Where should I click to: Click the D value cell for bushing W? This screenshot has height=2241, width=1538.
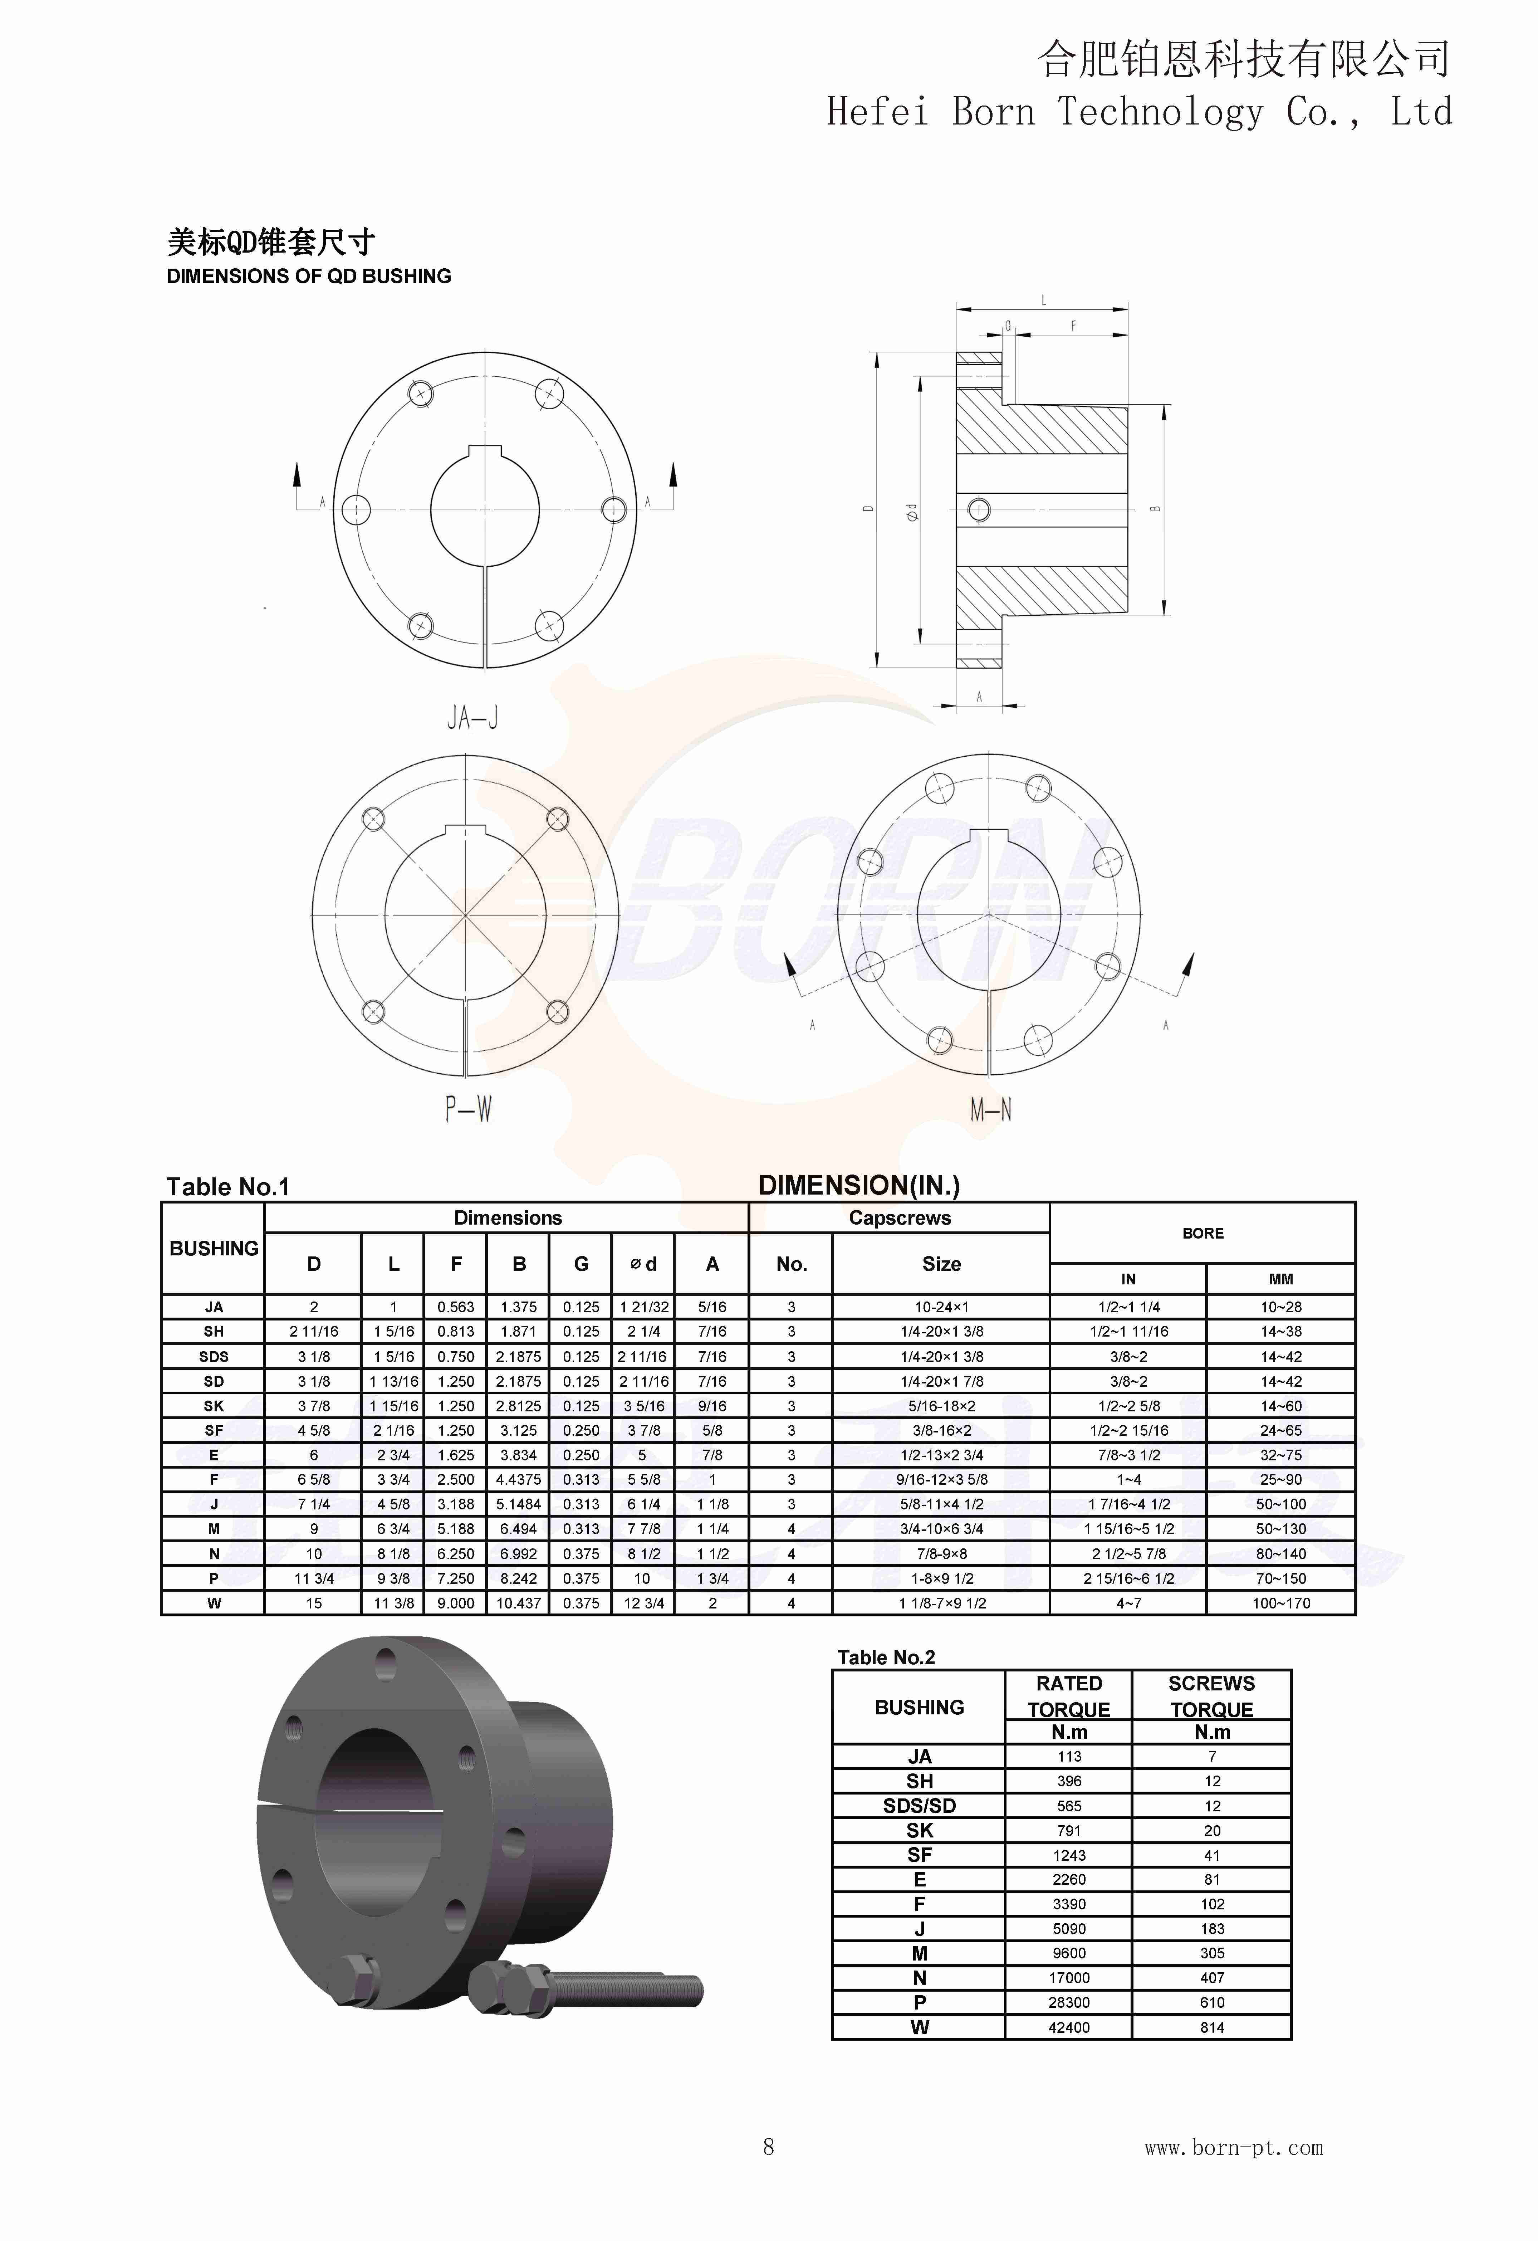[313, 1603]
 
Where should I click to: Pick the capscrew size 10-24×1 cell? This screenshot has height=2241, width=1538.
[941, 1307]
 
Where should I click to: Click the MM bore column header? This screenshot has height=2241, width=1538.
[1280, 1279]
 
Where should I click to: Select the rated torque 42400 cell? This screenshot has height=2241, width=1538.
[1068, 2027]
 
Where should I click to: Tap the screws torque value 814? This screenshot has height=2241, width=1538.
[1212, 2027]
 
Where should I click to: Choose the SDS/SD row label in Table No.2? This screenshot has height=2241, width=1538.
[919, 1806]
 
